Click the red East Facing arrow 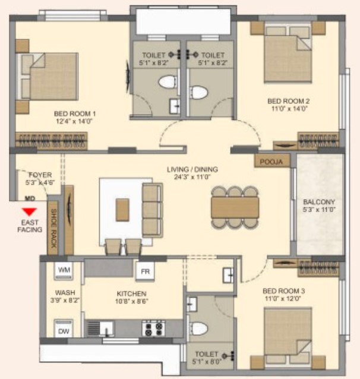[29, 211]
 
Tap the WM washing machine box [64, 270]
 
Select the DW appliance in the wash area [64, 329]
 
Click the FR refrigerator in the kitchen [145, 271]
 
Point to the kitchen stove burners [153, 328]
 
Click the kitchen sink [100, 329]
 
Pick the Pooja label [271, 162]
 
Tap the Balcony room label [319, 202]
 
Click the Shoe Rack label [53, 228]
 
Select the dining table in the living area [235, 207]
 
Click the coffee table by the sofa [122, 210]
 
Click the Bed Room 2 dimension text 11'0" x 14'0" [289, 109]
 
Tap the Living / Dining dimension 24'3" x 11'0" [192, 177]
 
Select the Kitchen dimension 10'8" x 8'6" [132, 301]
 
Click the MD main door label [30, 198]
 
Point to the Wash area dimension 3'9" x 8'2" [65, 300]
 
